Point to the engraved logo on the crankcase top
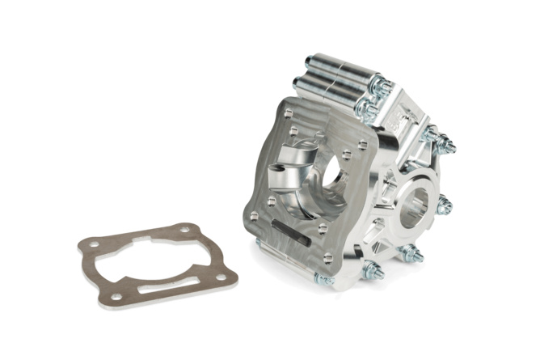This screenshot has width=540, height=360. pos(402,121)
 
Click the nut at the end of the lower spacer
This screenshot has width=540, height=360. pos(369,108)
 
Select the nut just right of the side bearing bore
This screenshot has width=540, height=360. pos(444,205)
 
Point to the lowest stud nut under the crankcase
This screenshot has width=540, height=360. pos(373,271)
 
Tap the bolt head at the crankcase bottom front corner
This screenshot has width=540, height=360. pos(323,280)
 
